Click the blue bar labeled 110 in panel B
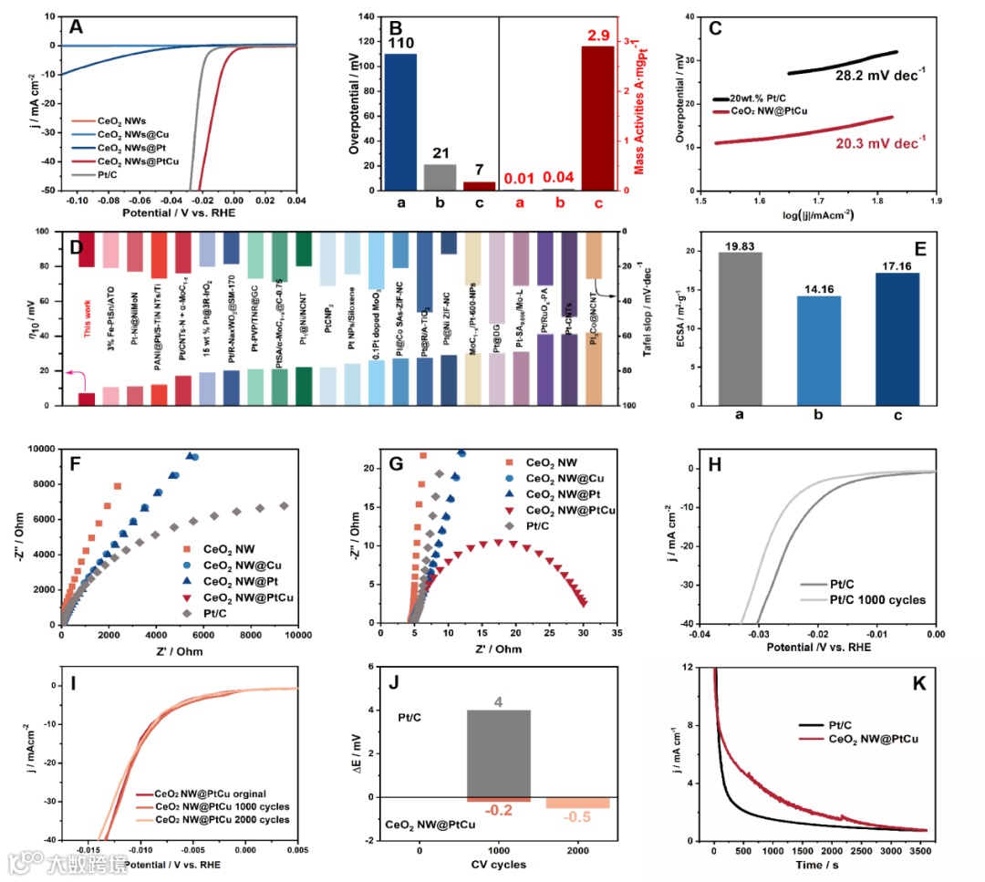pos(394,122)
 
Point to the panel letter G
pos(395,462)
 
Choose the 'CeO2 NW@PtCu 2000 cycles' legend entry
pos(223,820)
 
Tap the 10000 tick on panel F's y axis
pos(42,449)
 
